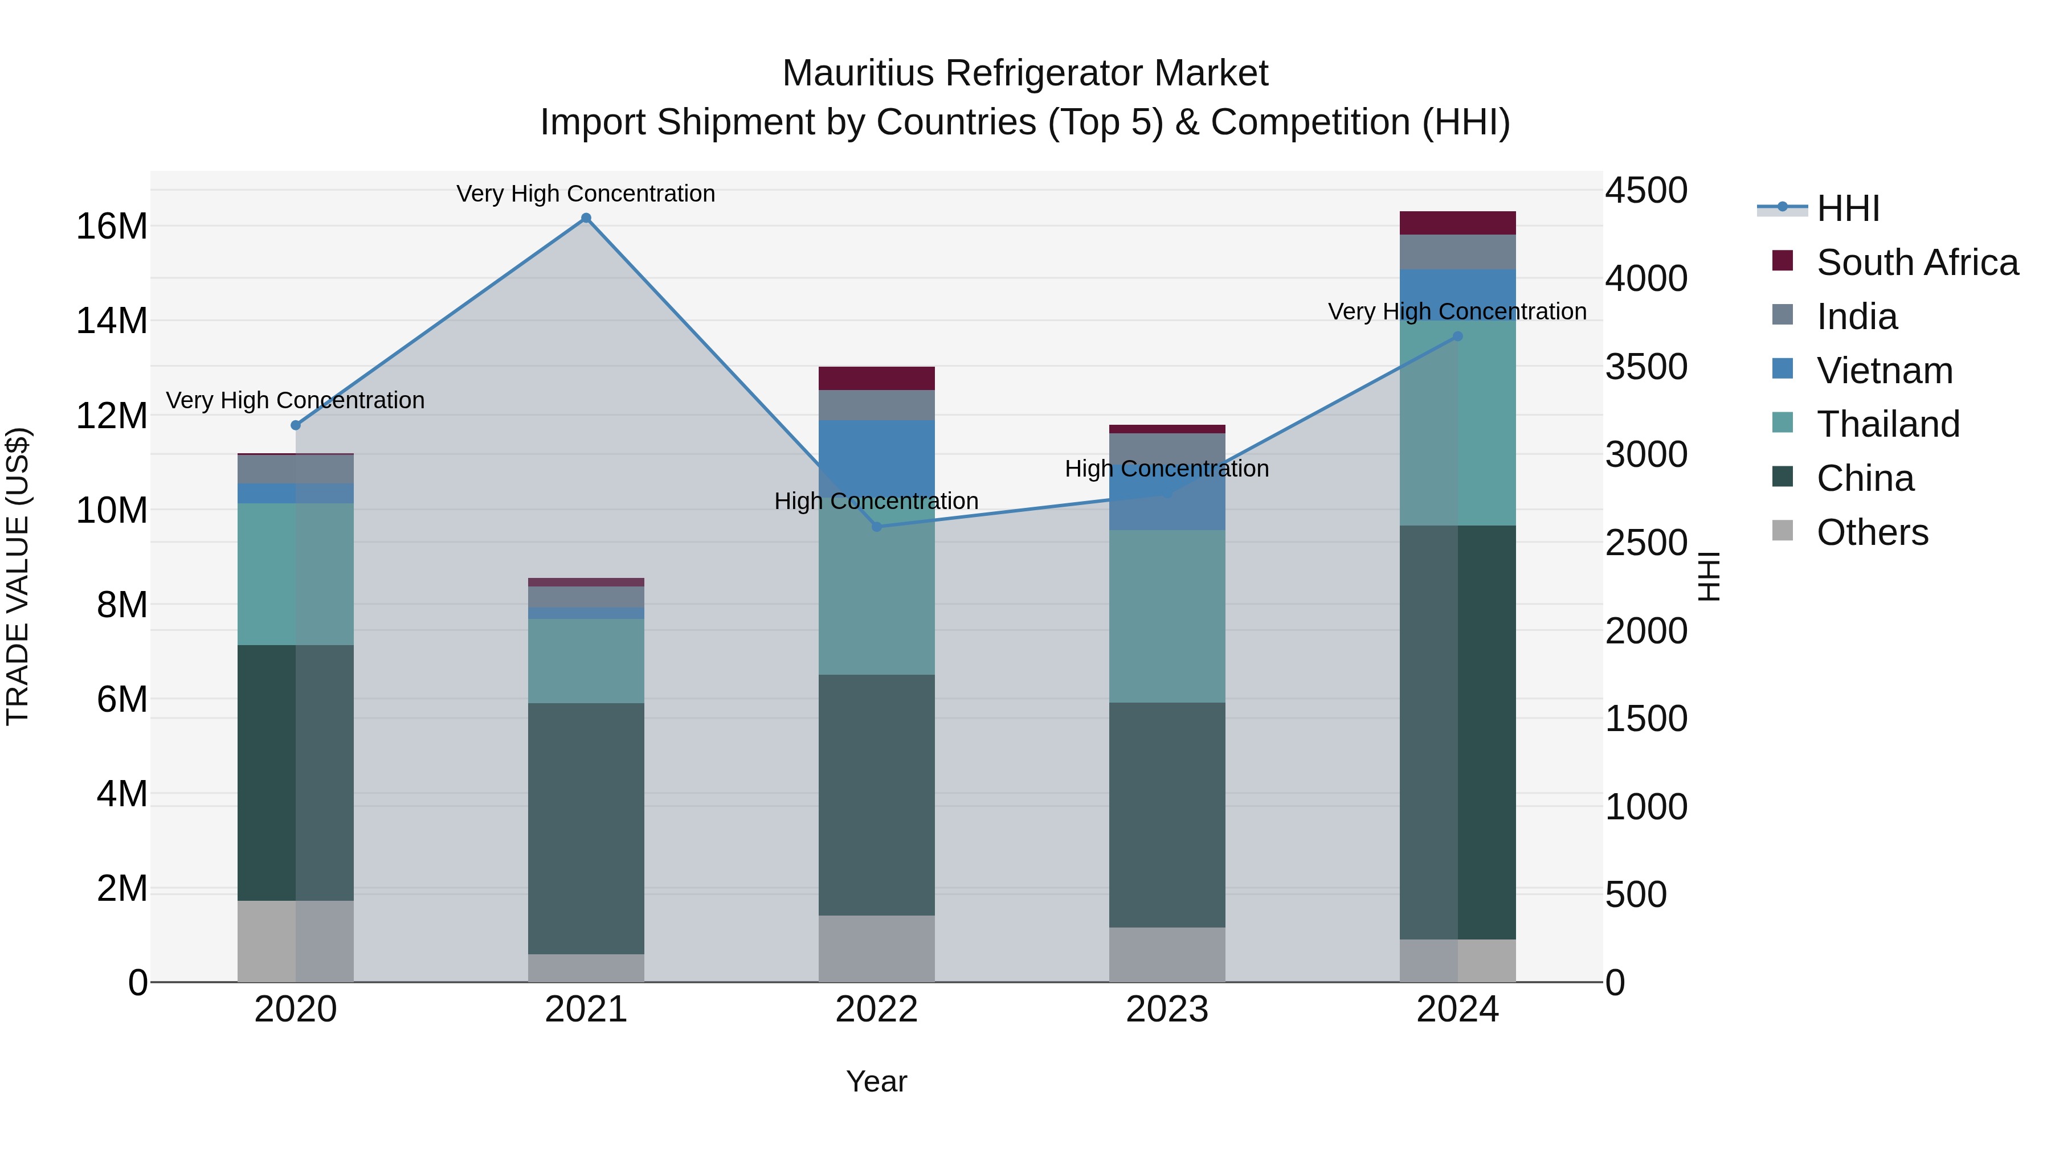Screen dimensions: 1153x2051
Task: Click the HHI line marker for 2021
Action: [x=586, y=218]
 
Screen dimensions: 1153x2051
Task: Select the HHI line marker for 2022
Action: [x=877, y=526]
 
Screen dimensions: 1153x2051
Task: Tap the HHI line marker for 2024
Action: [x=1458, y=337]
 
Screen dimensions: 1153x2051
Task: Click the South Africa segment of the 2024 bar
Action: [x=1458, y=223]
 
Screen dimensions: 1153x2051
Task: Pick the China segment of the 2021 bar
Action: [x=586, y=827]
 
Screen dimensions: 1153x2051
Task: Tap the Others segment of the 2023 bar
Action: [x=1167, y=954]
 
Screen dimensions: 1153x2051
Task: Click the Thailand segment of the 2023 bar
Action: [x=1167, y=616]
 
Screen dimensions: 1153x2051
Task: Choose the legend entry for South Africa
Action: [x=1917, y=262]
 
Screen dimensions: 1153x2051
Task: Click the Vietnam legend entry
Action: [x=1884, y=371]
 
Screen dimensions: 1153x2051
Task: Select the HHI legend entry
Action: [x=1847, y=208]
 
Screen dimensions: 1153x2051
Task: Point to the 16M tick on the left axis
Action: [x=112, y=227]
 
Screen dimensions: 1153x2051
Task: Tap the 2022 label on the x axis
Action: [x=877, y=1010]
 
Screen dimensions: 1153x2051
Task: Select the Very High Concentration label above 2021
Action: [x=586, y=194]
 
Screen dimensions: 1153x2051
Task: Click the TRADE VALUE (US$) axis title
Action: [x=18, y=576]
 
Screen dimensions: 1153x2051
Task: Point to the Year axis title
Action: [x=877, y=1081]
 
